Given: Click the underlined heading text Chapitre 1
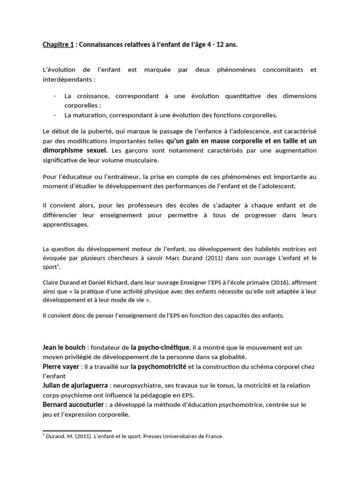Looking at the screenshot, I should pyautogui.click(x=58, y=45).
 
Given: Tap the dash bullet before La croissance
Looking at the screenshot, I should pyautogui.click(x=55, y=96).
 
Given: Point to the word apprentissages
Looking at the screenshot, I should pyautogui.click(x=65, y=224).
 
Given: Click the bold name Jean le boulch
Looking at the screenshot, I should pyautogui.click(x=64, y=347).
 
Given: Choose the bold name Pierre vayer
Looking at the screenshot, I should pyautogui.click(x=61, y=366).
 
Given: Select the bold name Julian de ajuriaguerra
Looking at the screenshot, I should pyautogui.click(x=75, y=385).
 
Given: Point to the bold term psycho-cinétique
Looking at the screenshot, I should pyautogui.click(x=160, y=347).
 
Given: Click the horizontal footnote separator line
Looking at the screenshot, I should pyautogui.click(x=77, y=430).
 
